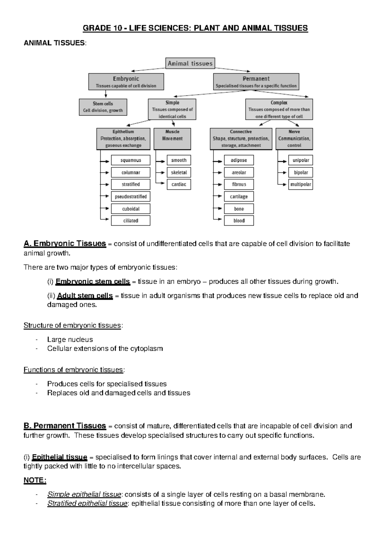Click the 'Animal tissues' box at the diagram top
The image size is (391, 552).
click(x=190, y=63)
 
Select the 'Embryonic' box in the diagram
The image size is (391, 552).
click(x=126, y=82)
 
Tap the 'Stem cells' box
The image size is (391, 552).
click(x=103, y=107)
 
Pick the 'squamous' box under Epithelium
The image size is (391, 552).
click(x=131, y=160)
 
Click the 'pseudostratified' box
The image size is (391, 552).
click(x=131, y=197)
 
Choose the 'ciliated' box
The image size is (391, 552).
click(x=131, y=221)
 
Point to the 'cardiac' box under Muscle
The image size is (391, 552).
click(x=179, y=185)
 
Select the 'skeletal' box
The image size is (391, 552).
click(x=179, y=172)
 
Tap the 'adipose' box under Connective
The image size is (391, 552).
click(x=239, y=160)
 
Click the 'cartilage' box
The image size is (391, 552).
click(x=239, y=197)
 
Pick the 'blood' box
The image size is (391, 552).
click(x=239, y=221)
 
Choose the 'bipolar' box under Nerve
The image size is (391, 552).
click(x=301, y=172)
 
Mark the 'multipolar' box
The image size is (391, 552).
click(x=301, y=185)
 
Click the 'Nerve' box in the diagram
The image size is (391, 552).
click(x=294, y=139)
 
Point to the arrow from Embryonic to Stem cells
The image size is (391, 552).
click(x=106, y=94)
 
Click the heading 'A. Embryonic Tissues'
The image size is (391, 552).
click(x=65, y=243)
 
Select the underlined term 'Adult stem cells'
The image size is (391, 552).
click(x=85, y=296)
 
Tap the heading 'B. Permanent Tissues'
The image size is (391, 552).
click(x=65, y=426)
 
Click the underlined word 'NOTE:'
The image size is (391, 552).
click(x=35, y=480)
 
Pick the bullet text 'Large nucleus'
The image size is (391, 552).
click(x=70, y=339)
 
